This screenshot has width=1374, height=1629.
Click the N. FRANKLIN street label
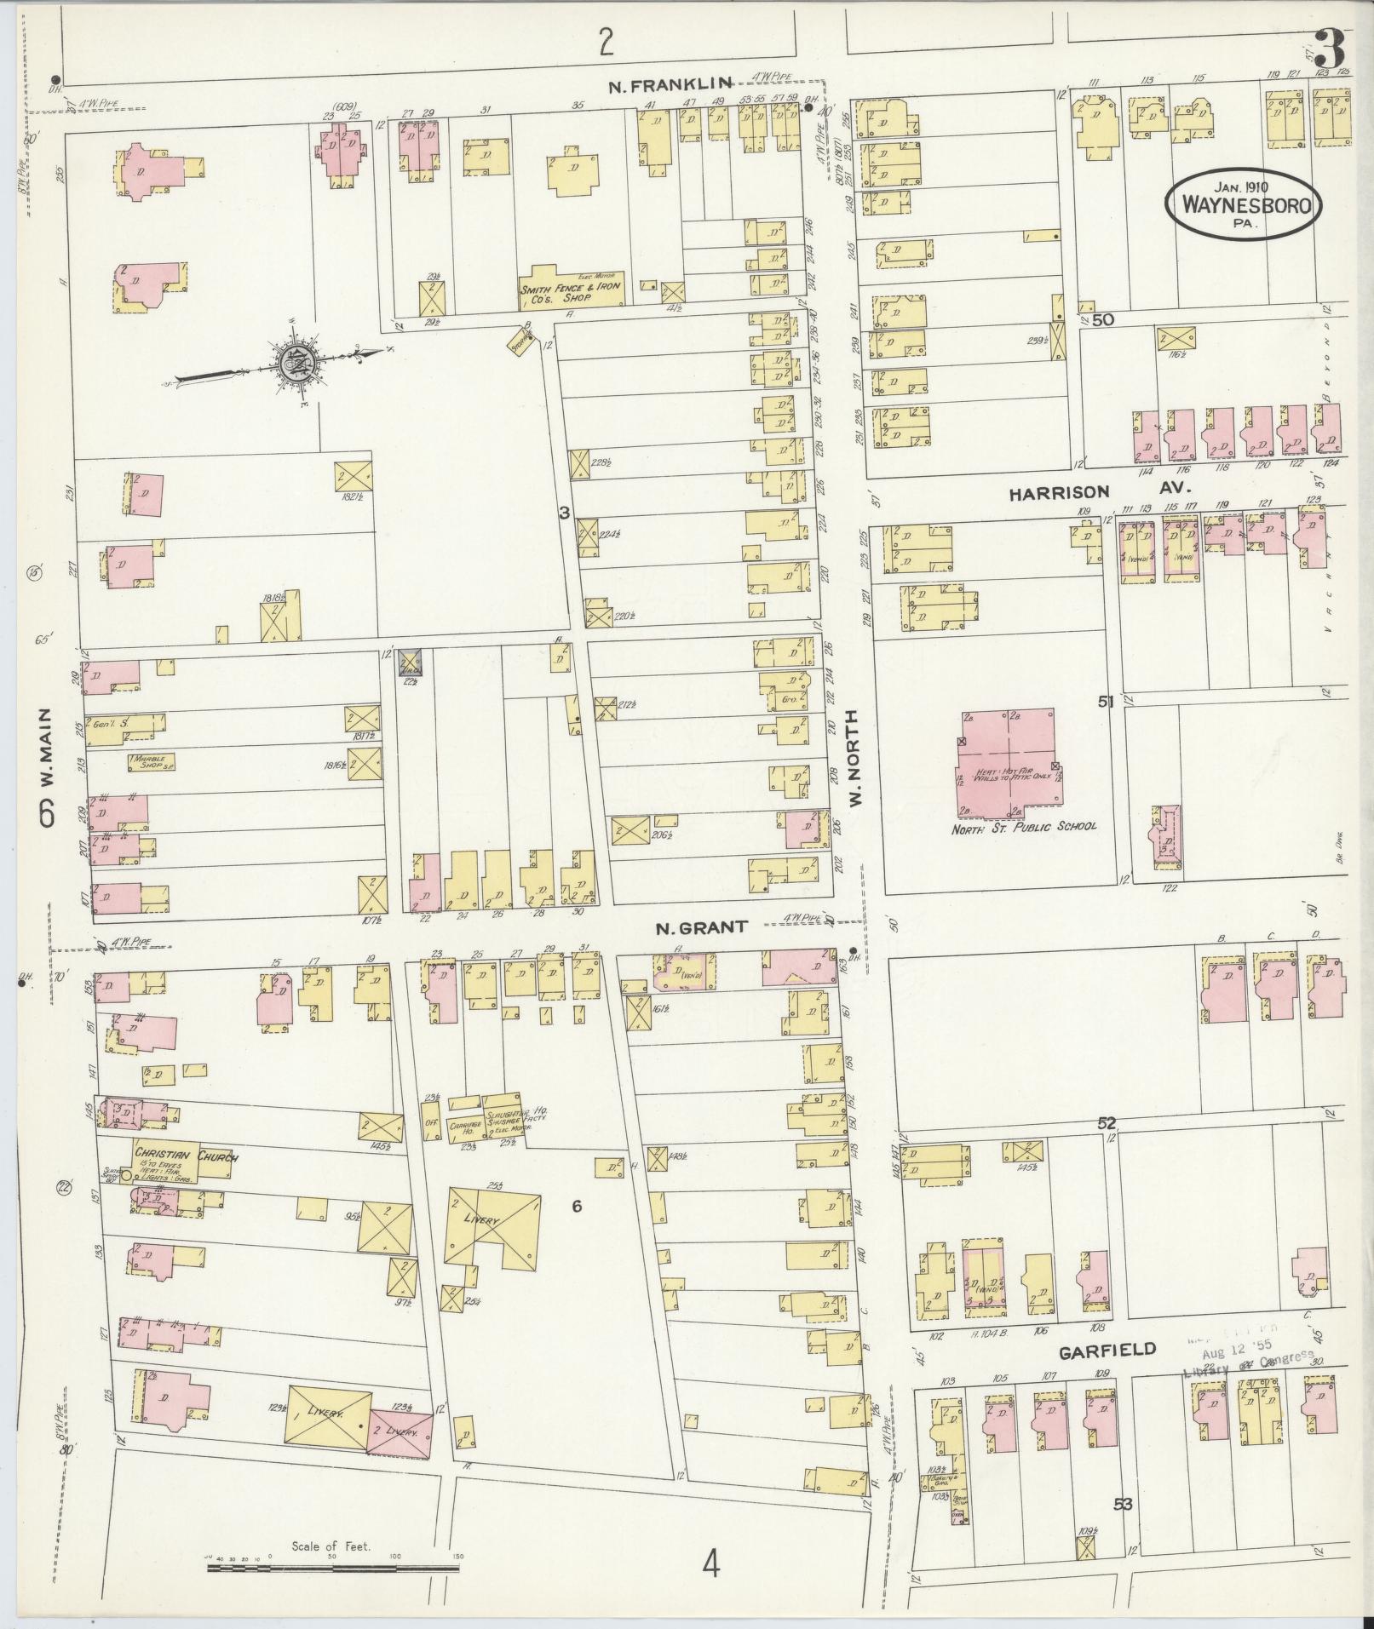670,83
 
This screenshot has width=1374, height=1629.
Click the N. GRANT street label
700,927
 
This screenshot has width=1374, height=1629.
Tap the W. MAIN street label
47,766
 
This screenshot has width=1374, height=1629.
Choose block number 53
1122,1505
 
